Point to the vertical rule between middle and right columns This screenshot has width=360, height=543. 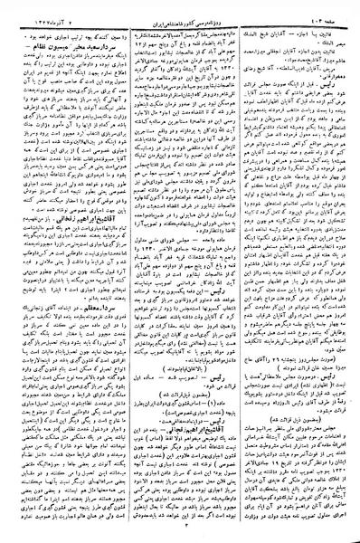tap(239, 271)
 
